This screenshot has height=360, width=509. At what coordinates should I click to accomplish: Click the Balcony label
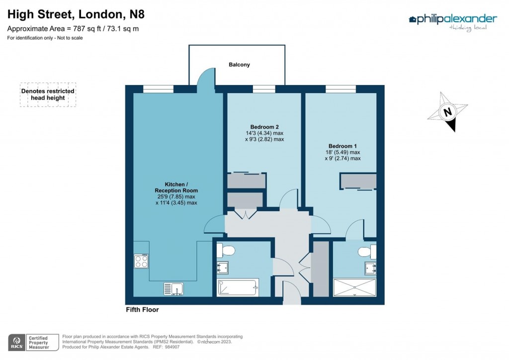pyautogui.click(x=239, y=65)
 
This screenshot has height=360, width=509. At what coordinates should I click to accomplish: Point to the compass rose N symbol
pyautogui.click(x=447, y=112)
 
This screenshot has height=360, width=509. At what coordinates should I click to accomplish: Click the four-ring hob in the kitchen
pyautogui.click(x=141, y=262)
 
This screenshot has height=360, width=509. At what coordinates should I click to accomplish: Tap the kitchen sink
pyautogui.click(x=173, y=288)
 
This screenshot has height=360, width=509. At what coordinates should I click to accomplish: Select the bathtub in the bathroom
pyautogui.click(x=238, y=287)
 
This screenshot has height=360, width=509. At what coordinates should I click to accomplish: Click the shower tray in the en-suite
pyautogui.click(x=354, y=287)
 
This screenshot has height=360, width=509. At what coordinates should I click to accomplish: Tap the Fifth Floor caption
pyautogui.click(x=142, y=310)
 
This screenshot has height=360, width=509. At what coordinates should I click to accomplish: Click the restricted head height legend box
pyautogui.click(x=48, y=94)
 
